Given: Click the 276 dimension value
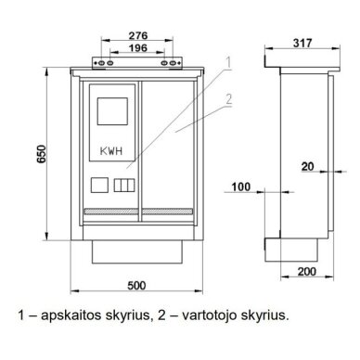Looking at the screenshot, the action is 138,35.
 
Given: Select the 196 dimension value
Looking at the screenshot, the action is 138,48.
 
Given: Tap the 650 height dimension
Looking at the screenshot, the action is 41,154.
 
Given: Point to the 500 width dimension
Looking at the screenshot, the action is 136,285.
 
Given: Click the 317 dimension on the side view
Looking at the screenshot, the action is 302,43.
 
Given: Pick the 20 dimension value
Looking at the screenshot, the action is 307,167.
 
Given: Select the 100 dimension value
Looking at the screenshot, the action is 241,186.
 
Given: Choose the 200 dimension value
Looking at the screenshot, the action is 307,272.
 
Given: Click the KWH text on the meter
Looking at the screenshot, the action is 111,151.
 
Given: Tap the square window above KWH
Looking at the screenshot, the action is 112,111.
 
